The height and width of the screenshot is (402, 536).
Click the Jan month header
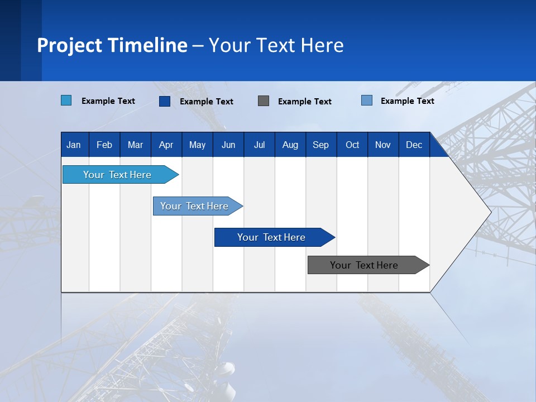[74, 145]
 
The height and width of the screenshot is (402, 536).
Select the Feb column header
[104, 145]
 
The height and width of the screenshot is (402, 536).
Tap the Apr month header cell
[166, 145]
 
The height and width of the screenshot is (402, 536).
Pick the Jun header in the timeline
[228, 145]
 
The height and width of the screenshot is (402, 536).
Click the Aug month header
[290, 145]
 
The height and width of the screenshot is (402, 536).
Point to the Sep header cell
[321, 145]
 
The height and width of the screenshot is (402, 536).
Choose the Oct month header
[352, 145]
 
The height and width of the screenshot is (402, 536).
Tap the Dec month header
[414, 145]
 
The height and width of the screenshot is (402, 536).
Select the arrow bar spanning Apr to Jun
[195, 206]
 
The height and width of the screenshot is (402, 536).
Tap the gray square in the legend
[264, 101]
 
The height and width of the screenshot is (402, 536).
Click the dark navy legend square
[165, 101]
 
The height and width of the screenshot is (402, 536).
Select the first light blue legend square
[66, 100]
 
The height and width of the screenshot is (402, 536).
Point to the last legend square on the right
[367, 100]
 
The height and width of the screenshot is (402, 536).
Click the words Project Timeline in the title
[112, 45]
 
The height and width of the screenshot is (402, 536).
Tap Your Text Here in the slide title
[276, 45]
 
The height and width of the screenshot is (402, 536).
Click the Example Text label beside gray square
[305, 102]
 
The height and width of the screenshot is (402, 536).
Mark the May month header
[197, 145]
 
